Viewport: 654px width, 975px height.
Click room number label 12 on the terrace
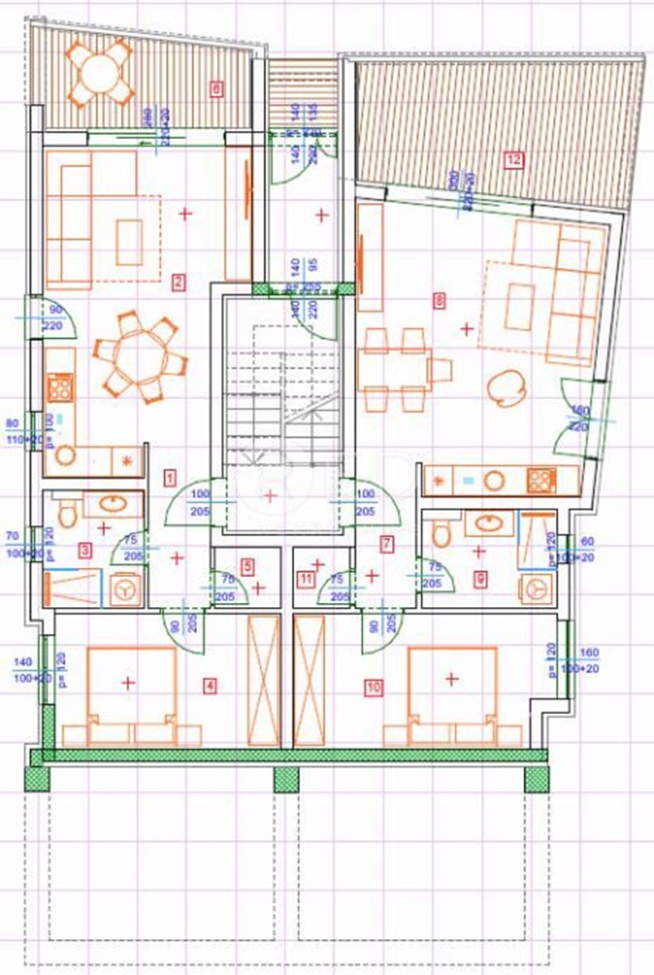(512, 159)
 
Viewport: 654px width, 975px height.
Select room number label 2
(178, 283)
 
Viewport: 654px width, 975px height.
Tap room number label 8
(440, 301)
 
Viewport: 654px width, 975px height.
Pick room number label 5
(248, 564)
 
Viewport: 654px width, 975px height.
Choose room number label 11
(305, 578)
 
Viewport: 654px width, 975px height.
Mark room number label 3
(85, 550)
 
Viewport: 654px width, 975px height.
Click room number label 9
(481, 578)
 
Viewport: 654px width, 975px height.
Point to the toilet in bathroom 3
(68, 511)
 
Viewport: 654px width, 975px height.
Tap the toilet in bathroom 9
(441, 532)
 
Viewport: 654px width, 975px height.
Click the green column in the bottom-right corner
(536, 778)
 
